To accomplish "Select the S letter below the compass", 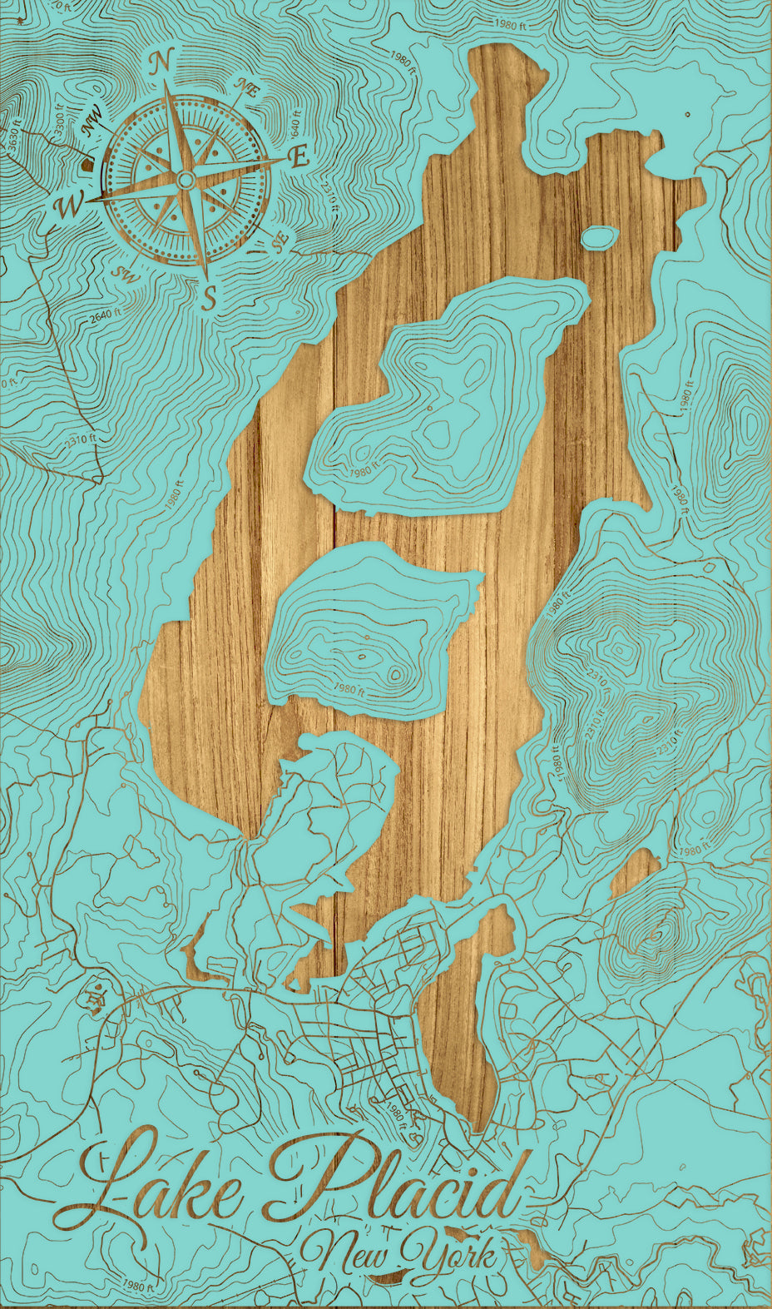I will coord(210,296).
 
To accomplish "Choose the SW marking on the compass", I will coord(126,274).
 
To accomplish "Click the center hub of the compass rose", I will coord(186,181).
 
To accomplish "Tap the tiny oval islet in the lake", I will coord(600,237).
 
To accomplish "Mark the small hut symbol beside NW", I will coord(87,165).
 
